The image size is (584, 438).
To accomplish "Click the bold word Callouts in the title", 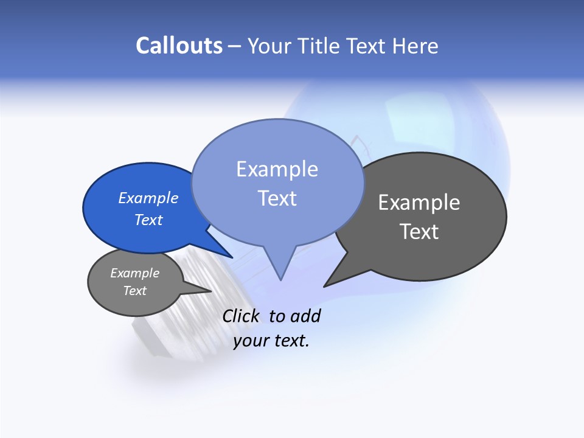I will [179, 46].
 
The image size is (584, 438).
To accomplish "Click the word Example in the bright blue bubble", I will [148, 198].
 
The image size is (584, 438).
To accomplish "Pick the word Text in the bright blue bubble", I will [148, 220].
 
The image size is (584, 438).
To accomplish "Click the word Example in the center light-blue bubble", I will [277, 169].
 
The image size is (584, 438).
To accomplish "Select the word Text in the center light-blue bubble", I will [277, 198].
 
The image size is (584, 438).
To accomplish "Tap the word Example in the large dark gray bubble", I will [419, 203].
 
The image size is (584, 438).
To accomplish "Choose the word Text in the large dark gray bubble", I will [419, 232].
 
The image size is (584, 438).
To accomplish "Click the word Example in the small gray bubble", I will [134, 273].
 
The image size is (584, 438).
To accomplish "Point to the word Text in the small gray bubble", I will [134, 291].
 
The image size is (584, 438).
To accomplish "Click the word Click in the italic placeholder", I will [240, 316].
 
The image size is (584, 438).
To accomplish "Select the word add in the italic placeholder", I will [305, 316].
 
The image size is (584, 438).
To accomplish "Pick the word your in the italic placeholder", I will [250, 341].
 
